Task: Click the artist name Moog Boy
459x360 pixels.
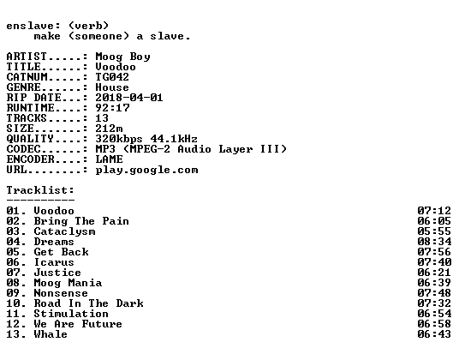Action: click(x=122, y=57)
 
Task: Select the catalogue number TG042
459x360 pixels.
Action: click(x=112, y=77)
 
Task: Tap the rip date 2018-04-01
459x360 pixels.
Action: click(x=129, y=98)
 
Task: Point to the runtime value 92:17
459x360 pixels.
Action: click(x=112, y=108)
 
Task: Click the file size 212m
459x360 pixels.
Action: click(x=109, y=129)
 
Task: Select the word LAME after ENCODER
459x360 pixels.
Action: click(x=109, y=159)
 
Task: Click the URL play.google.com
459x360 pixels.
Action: click(x=146, y=171)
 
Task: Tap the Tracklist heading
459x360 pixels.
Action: click(x=40, y=190)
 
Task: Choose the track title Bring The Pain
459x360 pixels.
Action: click(x=81, y=221)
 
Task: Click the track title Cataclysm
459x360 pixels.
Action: click(x=64, y=231)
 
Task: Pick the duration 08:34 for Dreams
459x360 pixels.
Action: click(x=434, y=242)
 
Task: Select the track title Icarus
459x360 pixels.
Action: click(x=54, y=262)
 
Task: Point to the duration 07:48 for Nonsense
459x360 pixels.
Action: click(x=434, y=293)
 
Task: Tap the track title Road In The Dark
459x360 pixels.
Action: click(x=89, y=303)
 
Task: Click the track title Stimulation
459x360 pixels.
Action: click(x=71, y=314)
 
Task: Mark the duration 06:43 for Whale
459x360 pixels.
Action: click(x=434, y=334)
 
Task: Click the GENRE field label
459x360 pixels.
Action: click(x=23, y=87)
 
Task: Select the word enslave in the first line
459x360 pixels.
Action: click(x=30, y=26)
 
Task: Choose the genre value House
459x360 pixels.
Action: click(x=112, y=87)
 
